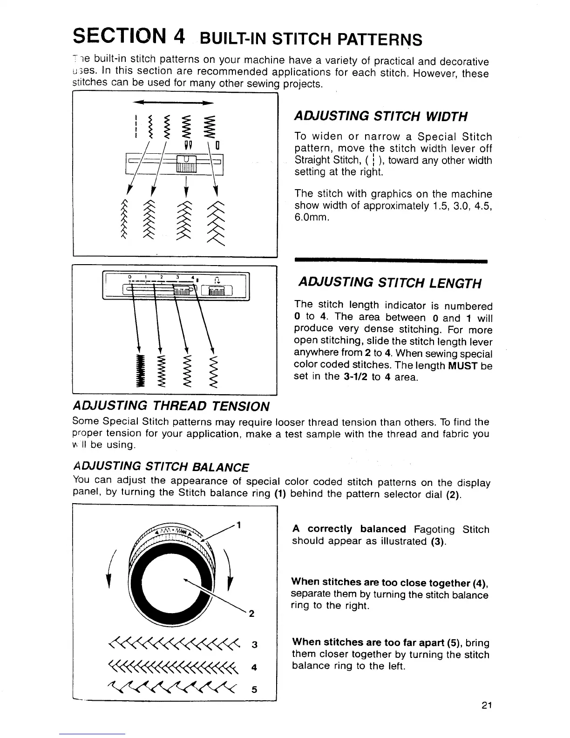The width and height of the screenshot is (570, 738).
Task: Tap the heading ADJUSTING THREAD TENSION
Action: coord(171,406)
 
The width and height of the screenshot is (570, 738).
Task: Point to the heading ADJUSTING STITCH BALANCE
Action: coord(161,467)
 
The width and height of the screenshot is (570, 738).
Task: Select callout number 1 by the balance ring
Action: coord(238,526)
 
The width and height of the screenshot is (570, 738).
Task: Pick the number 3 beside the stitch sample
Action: coord(254,645)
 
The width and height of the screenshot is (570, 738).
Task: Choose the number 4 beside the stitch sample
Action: coord(254,667)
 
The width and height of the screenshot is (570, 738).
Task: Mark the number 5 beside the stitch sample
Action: coord(254,690)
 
